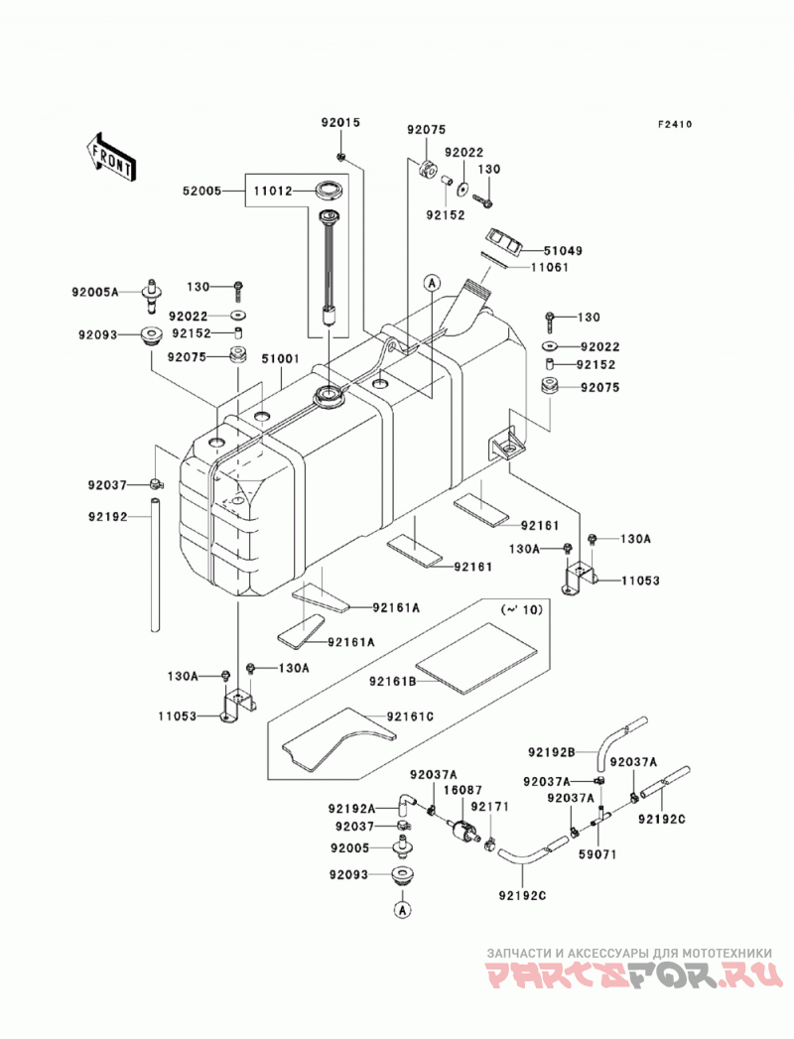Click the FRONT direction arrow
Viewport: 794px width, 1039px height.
pyautogui.click(x=111, y=158)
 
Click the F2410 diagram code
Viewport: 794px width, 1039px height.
pyautogui.click(x=675, y=124)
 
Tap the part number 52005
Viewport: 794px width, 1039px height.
pyautogui.click(x=201, y=192)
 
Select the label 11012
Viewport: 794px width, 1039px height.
pyautogui.click(x=272, y=192)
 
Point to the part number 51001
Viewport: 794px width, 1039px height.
pyautogui.click(x=280, y=358)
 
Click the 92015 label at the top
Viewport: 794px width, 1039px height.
pyautogui.click(x=340, y=123)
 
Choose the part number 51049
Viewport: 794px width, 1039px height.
pyautogui.click(x=564, y=250)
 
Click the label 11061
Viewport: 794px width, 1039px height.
pyautogui.click(x=550, y=267)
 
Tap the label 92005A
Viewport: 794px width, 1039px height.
pyautogui.click(x=95, y=291)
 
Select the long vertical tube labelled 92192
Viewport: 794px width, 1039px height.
pyautogui.click(x=155, y=566)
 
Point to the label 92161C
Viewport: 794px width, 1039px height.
pyautogui.click(x=410, y=716)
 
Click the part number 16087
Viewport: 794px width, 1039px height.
pyautogui.click(x=463, y=791)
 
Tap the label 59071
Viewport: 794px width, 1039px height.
pyautogui.click(x=596, y=854)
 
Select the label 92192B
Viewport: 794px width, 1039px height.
pyautogui.click(x=552, y=752)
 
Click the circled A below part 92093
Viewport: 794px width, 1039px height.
pyautogui.click(x=403, y=910)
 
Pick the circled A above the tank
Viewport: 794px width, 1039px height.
pyautogui.click(x=432, y=284)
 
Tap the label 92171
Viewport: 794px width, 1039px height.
pyautogui.click(x=489, y=807)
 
